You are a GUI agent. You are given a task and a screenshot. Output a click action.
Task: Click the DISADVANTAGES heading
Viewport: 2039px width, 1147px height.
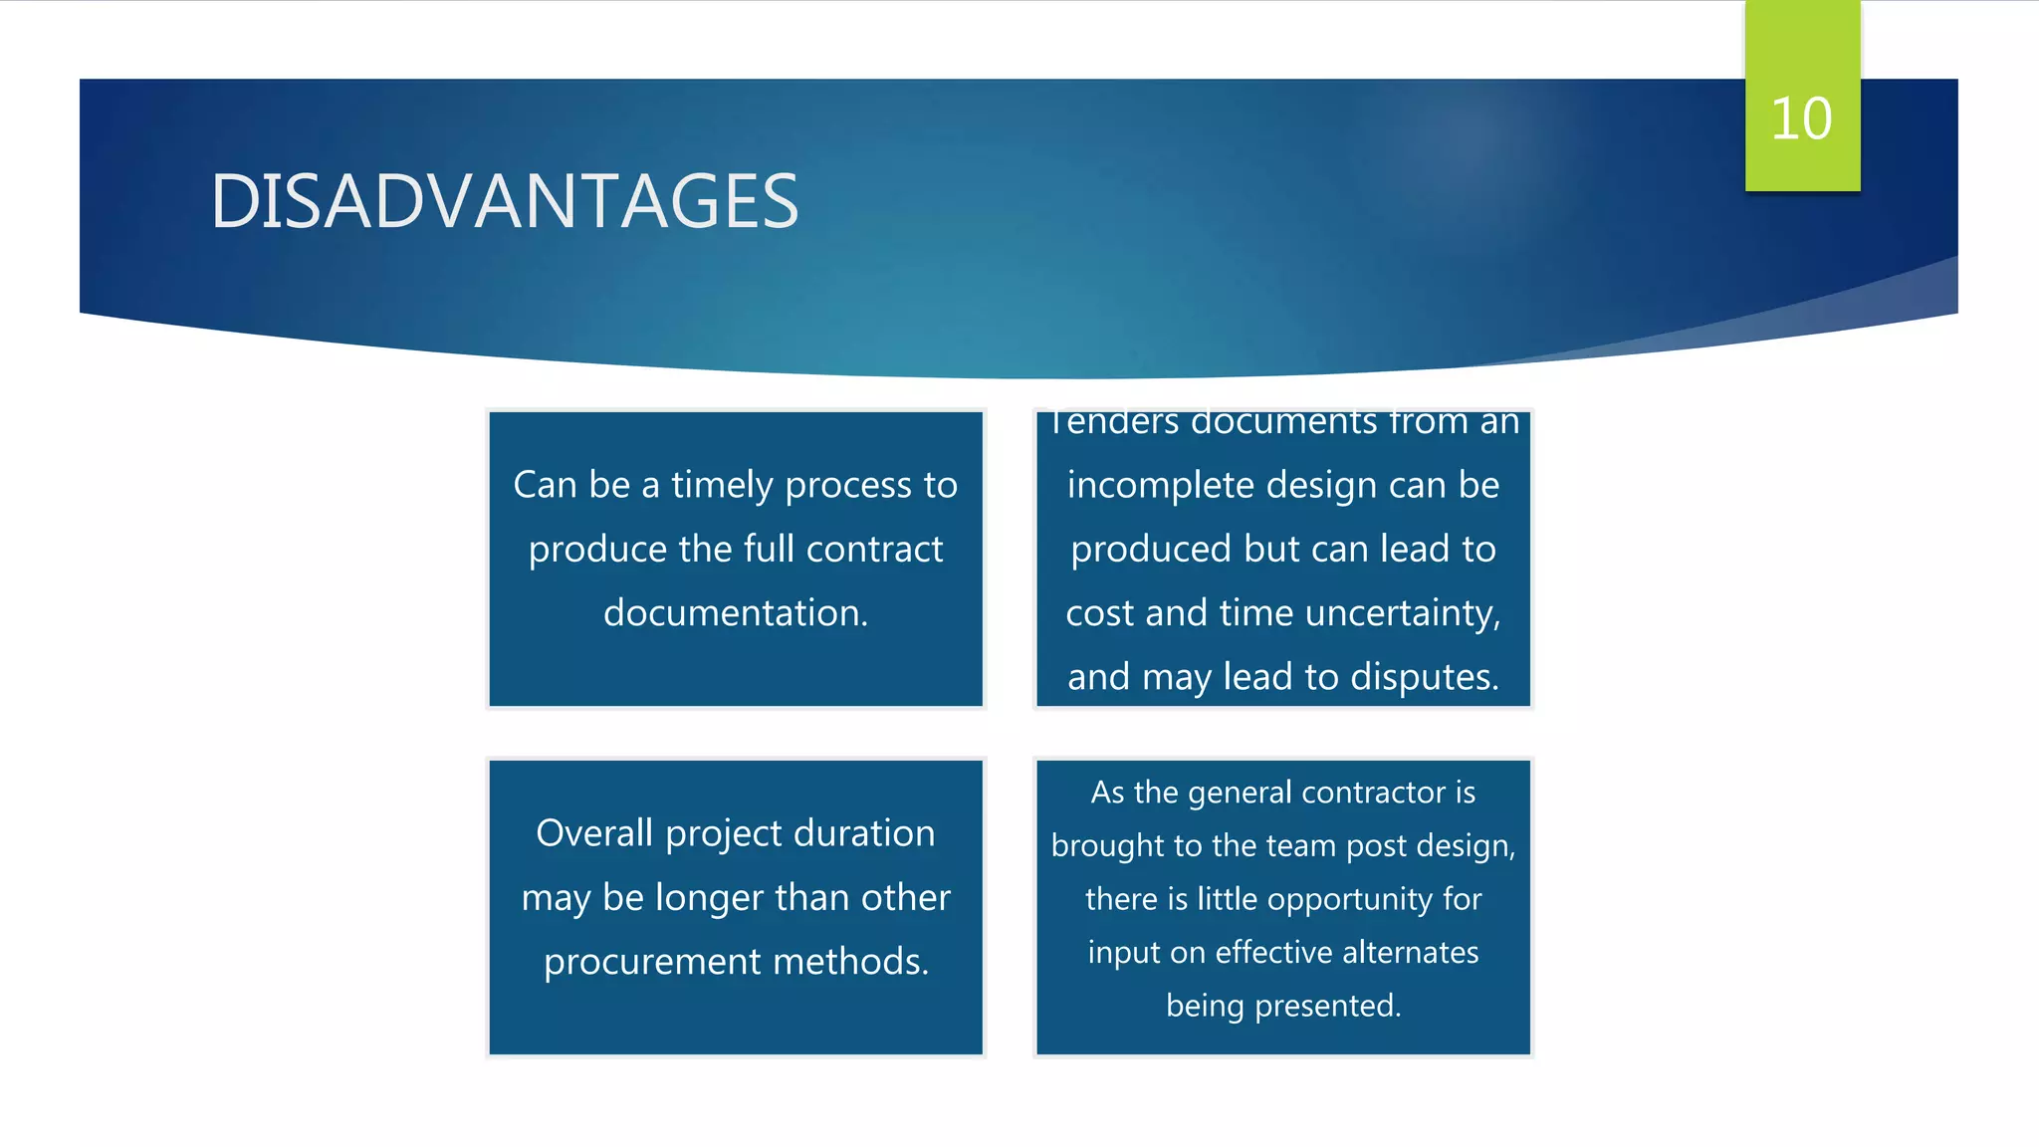coord(504,201)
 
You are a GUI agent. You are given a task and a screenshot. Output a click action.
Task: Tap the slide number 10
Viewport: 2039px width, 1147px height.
coord(1801,118)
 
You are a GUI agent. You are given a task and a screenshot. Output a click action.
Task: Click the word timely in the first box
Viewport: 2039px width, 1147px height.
coord(722,485)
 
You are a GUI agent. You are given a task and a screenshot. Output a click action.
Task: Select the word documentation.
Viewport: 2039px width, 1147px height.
coord(736,612)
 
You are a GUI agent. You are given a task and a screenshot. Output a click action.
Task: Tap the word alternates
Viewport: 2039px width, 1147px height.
coord(1410,953)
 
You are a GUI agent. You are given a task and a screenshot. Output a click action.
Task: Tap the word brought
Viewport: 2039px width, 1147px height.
coord(1107,846)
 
